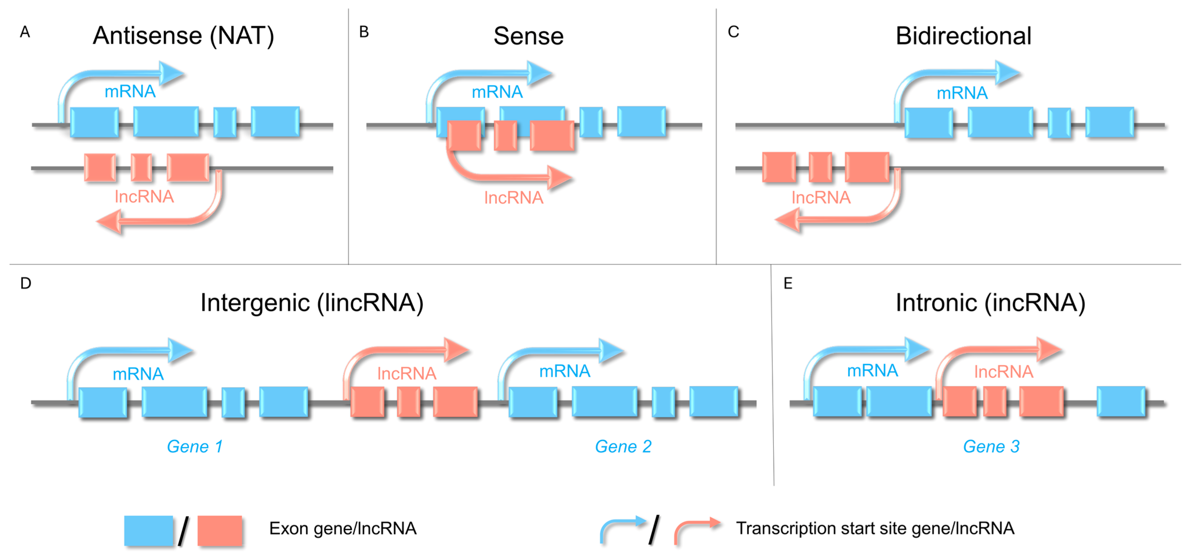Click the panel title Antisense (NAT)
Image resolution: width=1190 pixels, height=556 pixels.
pyautogui.click(x=183, y=36)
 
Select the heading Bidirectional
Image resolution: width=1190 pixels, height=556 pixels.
pyautogui.click(x=963, y=36)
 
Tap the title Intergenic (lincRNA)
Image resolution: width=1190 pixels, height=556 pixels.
pyautogui.click(x=312, y=303)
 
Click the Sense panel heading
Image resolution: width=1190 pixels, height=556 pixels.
pyautogui.click(x=529, y=36)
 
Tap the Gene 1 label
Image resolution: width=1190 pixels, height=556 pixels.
pyautogui.click(x=194, y=447)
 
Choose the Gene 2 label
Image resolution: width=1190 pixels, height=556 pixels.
pyautogui.click(x=623, y=447)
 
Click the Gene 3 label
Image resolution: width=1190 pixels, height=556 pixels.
pyautogui.click(x=991, y=447)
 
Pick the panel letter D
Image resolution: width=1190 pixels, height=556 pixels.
pyautogui.click(x=26, y=283)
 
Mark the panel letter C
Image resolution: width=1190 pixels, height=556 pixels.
pyautogui.click(x=733, y=32)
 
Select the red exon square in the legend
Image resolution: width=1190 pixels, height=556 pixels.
pyautogui.click(x=220, y=530)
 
